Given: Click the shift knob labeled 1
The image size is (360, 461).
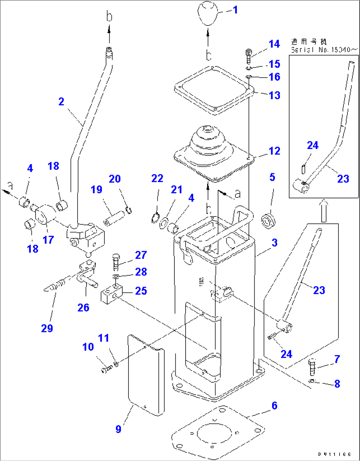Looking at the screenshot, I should coord(208,14).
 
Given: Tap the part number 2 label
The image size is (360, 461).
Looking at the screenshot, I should coord(61,101).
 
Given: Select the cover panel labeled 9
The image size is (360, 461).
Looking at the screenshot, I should coord(145,375).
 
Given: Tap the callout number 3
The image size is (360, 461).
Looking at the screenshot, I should coord(274,243).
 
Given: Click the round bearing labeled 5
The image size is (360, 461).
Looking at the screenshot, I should coord(270,220).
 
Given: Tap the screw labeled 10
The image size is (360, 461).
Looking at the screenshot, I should coord(105,369).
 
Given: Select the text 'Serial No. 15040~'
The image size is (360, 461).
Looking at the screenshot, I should coord(324,50).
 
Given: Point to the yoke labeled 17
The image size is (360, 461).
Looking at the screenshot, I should coord(45,215).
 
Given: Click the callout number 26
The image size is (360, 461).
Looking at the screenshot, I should coord(83,308).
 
